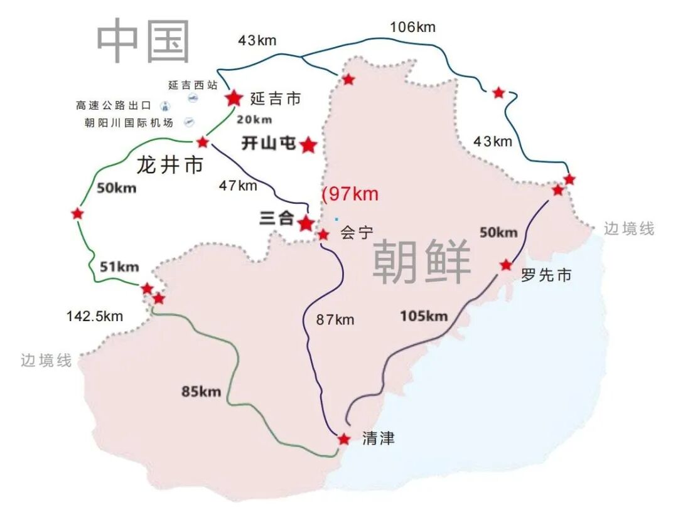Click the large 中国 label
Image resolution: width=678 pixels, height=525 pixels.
click(143, 41)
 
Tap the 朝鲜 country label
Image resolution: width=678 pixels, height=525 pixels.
click(421, 262)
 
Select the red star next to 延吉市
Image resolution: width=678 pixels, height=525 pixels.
click(234, 98)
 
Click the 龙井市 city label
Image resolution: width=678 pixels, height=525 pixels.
click(170, 166)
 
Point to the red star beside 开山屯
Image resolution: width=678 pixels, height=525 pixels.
click(308, 146)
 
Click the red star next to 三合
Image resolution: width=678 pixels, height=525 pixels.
click(306, 223)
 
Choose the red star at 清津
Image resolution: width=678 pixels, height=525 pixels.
click(344, 439)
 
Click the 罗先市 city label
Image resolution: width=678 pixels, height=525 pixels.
click(546, 275)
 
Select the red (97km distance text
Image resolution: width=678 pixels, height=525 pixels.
click(350, 194)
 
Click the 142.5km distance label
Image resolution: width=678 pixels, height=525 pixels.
click(95, 316)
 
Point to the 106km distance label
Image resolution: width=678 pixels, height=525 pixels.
click(412, 27)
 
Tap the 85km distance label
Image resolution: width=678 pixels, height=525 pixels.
click(202, 392)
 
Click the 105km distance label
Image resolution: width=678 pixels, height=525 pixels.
click(424, 316)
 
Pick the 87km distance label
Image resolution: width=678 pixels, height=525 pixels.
click(335, 320)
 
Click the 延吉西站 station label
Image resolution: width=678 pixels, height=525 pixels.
click(193, 85)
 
